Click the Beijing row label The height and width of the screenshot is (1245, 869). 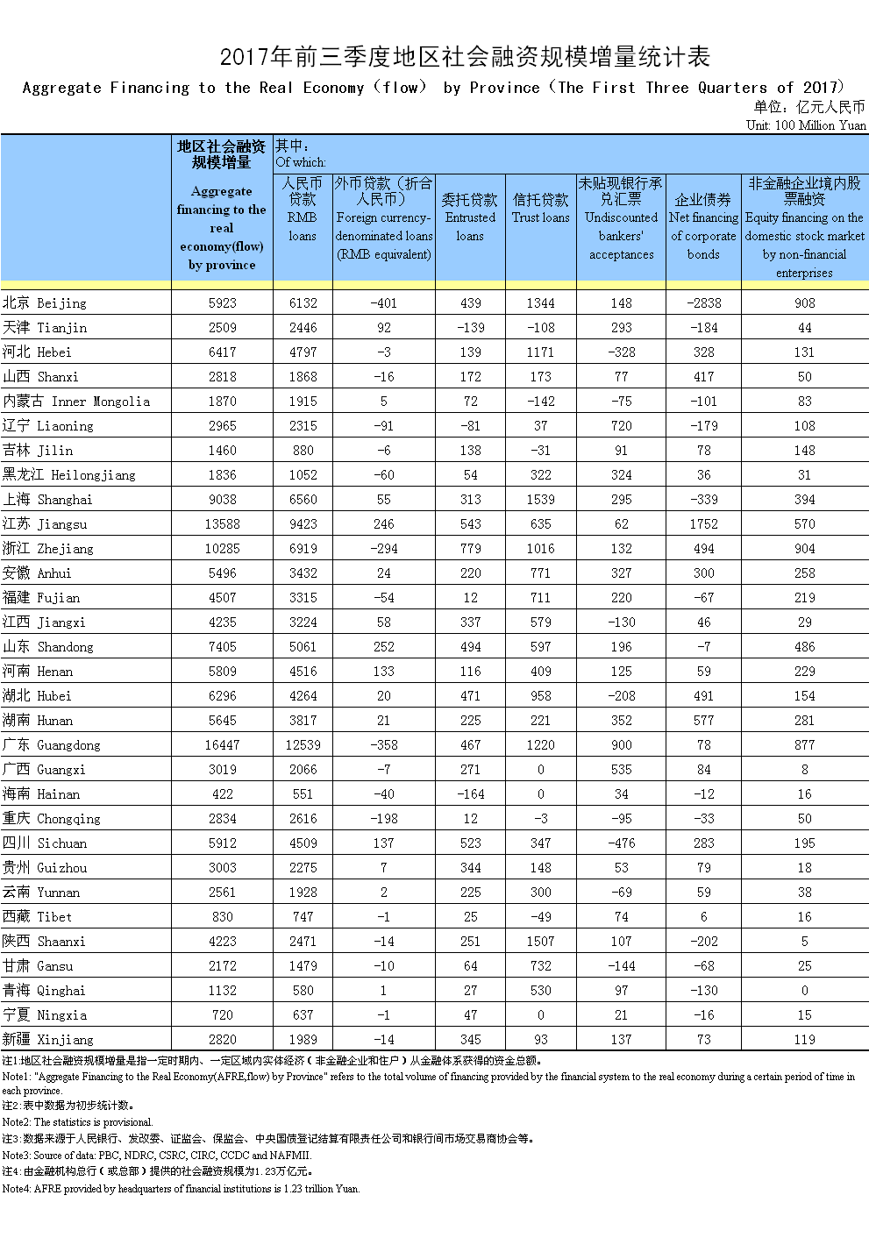[45, 303]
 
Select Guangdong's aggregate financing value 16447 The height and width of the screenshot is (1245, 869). [222, 745]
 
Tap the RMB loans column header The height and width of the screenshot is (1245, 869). [303, 209]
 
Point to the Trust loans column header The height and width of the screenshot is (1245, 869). [540, 209]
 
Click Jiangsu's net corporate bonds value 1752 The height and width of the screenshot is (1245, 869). [703, 524]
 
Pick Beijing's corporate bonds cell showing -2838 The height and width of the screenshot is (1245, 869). [703, 303]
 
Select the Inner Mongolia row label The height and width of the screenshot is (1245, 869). [76, 402]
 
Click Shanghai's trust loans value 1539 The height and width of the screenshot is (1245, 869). [540, 500]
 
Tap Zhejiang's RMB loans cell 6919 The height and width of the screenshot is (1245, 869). [303, 549]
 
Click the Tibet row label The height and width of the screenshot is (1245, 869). [37, 917]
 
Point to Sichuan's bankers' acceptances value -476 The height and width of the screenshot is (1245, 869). [621, 843]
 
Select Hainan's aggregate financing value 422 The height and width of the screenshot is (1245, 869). [222, 794]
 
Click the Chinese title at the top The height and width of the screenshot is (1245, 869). [465, 57]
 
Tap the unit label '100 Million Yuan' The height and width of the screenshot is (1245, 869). [806, 125]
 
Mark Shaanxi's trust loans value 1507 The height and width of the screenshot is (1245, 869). [540, 942]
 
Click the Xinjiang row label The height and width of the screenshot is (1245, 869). [47, 1040]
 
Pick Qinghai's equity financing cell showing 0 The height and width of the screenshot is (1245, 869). [804, 991]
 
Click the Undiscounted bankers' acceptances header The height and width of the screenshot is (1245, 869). [621, 218]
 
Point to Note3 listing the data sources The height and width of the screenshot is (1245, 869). [156, 1156]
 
